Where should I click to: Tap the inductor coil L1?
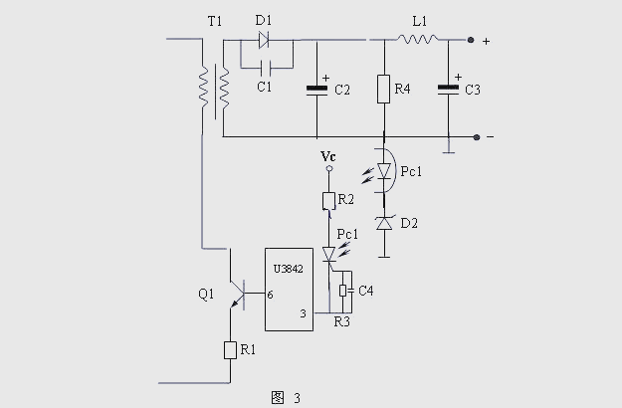(419, 41)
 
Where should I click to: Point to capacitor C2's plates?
(316, 90)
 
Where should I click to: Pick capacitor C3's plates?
(449, 90)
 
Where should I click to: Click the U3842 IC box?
(289, 289)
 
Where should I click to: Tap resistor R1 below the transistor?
(229, 349)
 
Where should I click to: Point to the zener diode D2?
(384, 223)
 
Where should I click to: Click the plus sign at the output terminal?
(486, 41)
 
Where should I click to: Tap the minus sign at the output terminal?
(490, 136)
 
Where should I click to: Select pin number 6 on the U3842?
(271, 295)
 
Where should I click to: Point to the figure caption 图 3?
(286, 396)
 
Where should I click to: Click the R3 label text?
(343, 322)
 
